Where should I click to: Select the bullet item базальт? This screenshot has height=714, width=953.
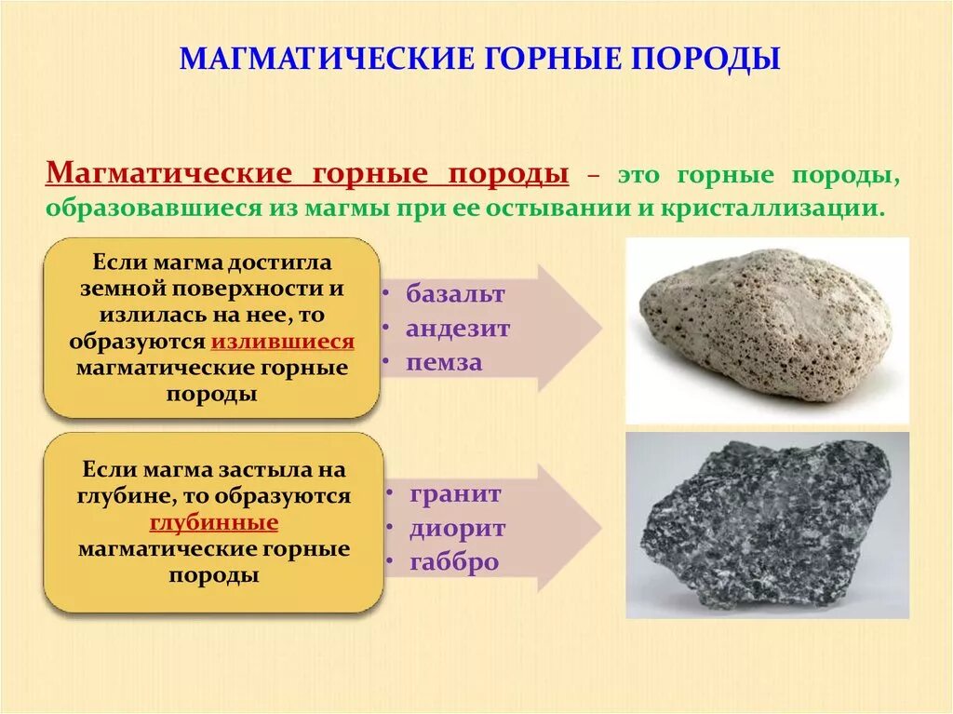tap(455, 294)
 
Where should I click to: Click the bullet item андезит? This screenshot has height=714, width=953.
tap(458, 329)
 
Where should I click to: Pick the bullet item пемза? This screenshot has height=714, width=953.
tap(444, 363)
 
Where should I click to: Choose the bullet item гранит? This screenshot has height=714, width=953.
tap(455, 493)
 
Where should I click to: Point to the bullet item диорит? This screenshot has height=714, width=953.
tap(457, 528)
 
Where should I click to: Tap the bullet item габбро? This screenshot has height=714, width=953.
tap(454, 562)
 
